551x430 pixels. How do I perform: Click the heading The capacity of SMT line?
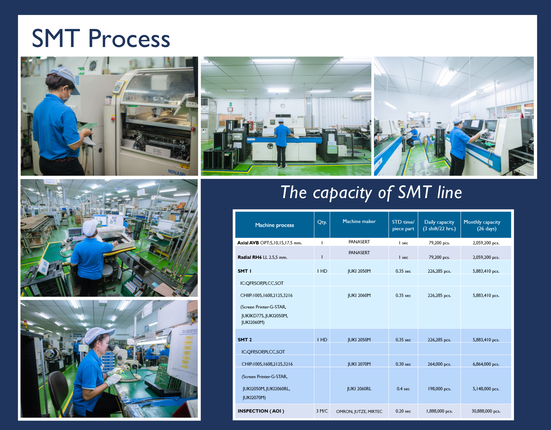[371, 192]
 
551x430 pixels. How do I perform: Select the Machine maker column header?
[359, 222]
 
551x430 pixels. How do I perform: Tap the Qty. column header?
[322, 222]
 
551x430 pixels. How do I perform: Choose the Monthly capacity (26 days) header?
[482, 225]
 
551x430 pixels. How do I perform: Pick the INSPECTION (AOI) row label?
[261, 411]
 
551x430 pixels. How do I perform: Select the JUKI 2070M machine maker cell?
[359, 364]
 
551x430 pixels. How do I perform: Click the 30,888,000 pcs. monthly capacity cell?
[486, 411]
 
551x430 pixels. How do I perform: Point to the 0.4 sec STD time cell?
[403, 389]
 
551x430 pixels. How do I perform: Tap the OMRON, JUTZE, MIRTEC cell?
[359, 411]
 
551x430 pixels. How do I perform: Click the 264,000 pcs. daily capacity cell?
[439, 364]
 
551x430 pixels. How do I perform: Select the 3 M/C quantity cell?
[322, 411]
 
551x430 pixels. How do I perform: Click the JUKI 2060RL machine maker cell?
[359, 389]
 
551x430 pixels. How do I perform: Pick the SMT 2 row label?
[245, 340]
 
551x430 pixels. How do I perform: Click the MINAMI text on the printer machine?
[176, 172]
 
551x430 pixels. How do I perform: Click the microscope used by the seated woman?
[121, 354]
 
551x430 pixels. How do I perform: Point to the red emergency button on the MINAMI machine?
[113, 118]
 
